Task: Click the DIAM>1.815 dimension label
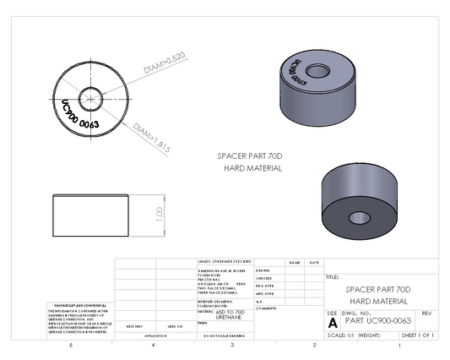tap(153, 139)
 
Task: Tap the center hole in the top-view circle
tap(89, 94)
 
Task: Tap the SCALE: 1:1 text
tap(340, 335)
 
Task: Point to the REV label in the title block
tap(426, 314)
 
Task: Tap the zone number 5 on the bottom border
tap(71, 346)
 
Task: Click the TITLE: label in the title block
tap(332, 276)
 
